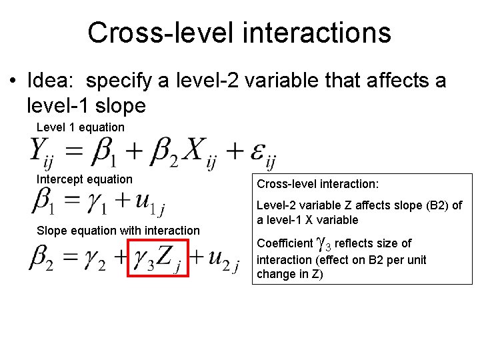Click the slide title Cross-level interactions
tap(239, 33)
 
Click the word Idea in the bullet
tap(51, 81)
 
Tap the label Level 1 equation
tap(80, 127)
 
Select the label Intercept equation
tap(84, 179)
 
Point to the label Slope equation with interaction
tap(118, 231)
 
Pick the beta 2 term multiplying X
tap(162, 152)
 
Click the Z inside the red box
tap(166, 257)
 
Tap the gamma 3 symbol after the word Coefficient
tap(321, 245)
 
